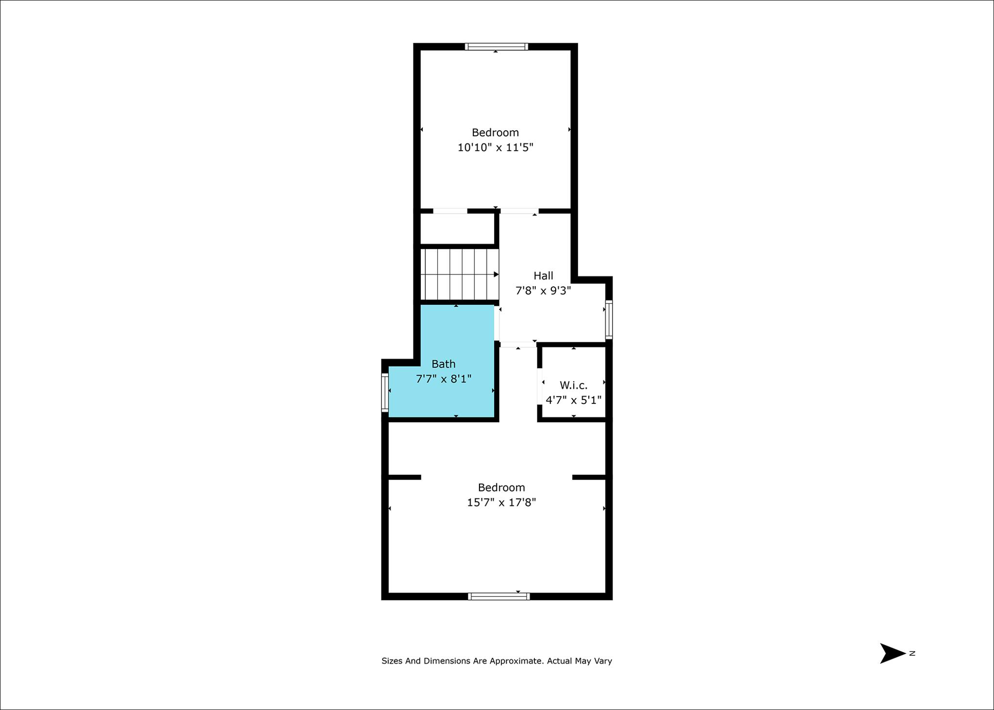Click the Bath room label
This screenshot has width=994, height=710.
[444, 363]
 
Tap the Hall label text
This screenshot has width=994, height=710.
[543, 276]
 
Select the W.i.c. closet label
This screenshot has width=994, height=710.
[574, 385]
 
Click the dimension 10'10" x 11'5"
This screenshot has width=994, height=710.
[495, 147]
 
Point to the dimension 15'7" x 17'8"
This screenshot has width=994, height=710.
[501, 502]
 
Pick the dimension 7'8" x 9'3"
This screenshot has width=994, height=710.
[543, 291]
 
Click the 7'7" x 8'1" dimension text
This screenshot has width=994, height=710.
[444, 379]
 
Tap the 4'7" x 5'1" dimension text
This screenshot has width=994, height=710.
[574, 400]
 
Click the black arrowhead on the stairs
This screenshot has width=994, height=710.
[496, 275]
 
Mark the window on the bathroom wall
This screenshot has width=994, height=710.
[385, 393]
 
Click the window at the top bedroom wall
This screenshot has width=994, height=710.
[496, 47]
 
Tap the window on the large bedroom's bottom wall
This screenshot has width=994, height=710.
[499, 596]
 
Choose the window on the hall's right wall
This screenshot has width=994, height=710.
[609, 319]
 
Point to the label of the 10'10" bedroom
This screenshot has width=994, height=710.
[495, 132]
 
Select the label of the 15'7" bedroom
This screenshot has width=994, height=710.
[501, 487]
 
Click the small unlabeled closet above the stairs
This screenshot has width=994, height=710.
[457, 229]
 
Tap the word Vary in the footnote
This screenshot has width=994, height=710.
[603, 661]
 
